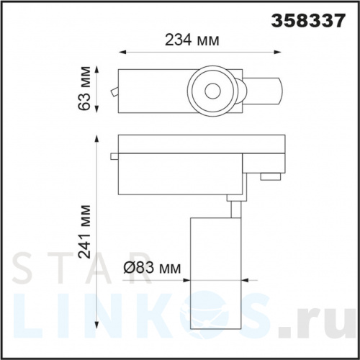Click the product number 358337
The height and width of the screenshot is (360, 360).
308,21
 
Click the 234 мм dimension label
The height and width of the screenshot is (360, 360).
192,40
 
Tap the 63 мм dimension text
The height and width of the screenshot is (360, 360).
85,88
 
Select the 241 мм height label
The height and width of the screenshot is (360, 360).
85,232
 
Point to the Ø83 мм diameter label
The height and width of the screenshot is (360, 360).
152,268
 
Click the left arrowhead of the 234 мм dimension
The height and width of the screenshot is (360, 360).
122,52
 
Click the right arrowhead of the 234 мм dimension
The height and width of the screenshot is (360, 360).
278,52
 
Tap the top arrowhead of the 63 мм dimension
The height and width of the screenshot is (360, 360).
97,71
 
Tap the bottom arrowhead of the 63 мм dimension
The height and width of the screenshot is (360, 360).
97,109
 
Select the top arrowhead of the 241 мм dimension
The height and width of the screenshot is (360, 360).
96,139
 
